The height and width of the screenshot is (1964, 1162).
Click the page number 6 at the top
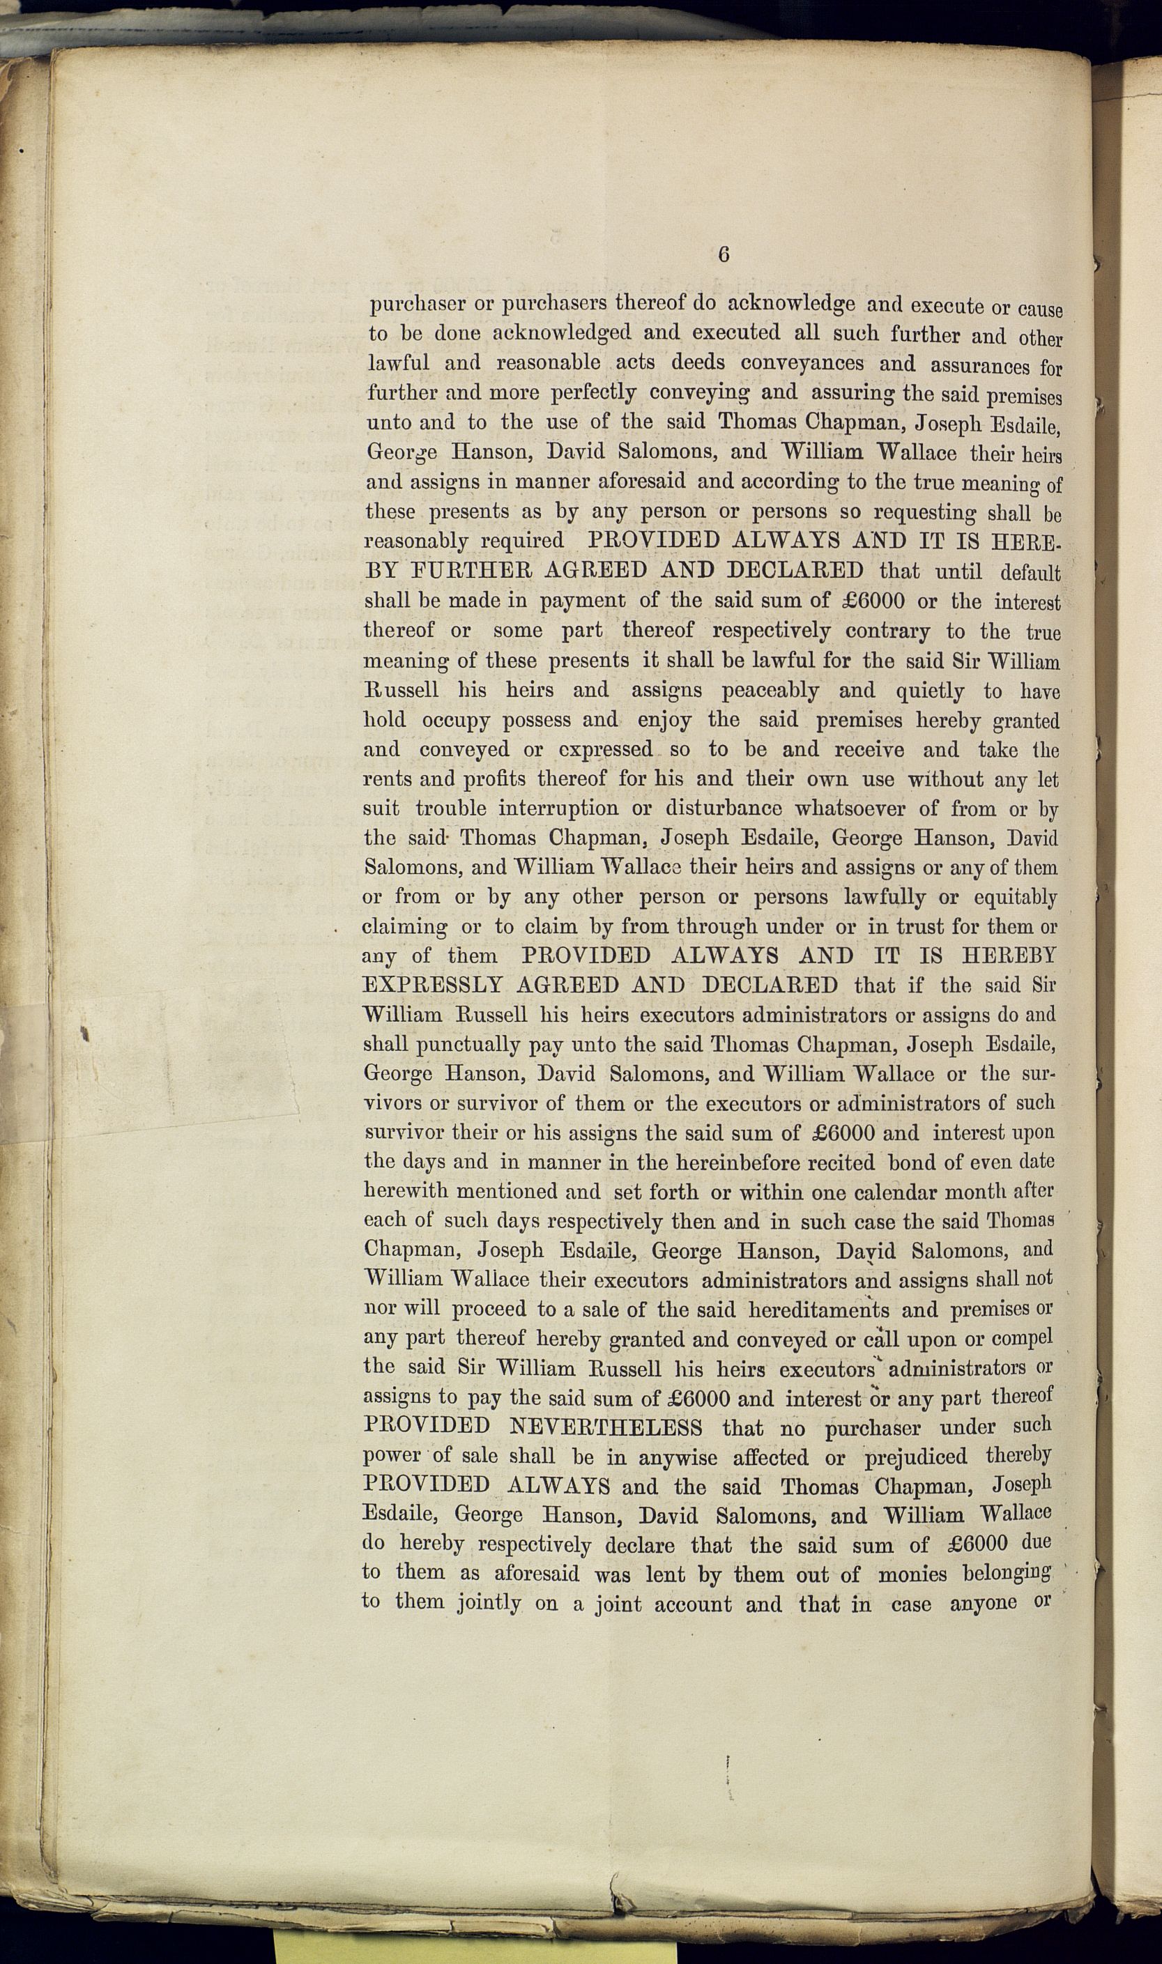(x=724, y=254)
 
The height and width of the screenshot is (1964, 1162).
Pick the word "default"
(x=1030, y=572)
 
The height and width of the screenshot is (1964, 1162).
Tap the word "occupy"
(x=456, y=720)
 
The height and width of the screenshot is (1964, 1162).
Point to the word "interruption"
(x=558, y=808)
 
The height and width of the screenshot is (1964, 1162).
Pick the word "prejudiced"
(x=915, y=1457)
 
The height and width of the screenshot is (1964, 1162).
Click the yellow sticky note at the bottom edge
(x=475, y=1950)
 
